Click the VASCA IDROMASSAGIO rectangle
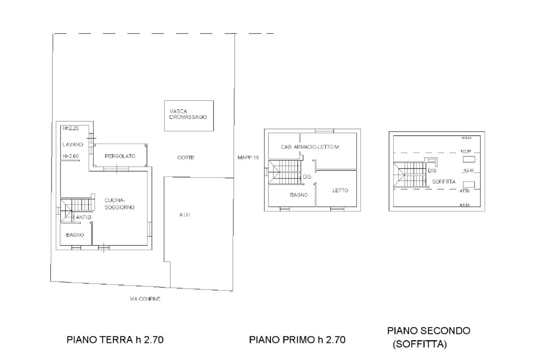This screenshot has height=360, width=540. click(188, 115)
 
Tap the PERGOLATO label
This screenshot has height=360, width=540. click(120, 156)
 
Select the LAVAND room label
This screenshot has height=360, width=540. click(73, 144)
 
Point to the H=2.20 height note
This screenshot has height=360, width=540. click(70, 128)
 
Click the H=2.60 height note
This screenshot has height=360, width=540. click(70, 157)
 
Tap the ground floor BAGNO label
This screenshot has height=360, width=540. click(75, 235)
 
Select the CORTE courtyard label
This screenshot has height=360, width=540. click(186, 157)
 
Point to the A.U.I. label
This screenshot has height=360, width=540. click(184, 215)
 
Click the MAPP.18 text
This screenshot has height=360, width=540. click(248, 157)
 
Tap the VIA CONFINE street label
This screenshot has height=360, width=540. click(145, 299)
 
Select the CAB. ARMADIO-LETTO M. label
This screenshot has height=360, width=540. click(310, 147)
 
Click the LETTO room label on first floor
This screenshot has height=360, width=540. click(340, 190)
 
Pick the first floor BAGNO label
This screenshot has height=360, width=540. click(298, 195)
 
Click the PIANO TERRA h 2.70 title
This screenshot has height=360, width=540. click(115, 340)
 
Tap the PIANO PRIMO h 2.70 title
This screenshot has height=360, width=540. click(297, 340)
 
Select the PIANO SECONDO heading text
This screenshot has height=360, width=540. click(428, 330)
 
